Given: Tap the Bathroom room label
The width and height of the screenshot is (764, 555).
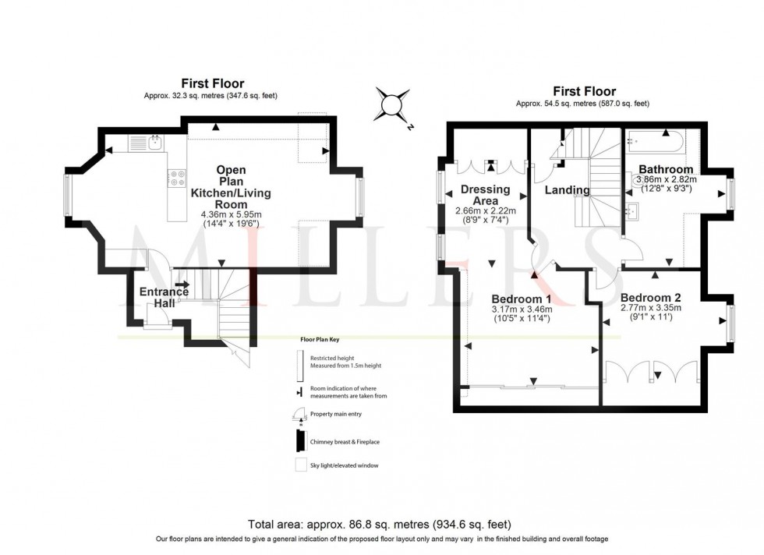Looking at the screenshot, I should click(x=665, y=169).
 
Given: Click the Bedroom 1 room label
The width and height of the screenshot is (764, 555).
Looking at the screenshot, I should click(x=522, y=299).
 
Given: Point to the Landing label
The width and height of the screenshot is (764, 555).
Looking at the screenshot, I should click(x=567, y=190).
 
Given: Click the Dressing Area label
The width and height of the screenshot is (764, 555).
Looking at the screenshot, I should click(x=485, y=195).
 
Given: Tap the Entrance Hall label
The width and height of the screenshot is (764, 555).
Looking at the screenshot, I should click(x=164, y=297).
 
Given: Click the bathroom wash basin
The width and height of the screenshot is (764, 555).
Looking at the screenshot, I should click(x=634, y=209).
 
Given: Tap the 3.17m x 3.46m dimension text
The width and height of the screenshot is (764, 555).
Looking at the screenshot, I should click(x=522, y=309).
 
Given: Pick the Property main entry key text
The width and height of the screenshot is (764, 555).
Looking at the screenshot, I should click(x=336, y=415).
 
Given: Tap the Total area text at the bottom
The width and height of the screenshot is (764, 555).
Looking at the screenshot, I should click(x=381, y=525).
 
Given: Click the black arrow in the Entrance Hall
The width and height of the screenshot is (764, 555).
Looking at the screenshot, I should click(x=182, y=285).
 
